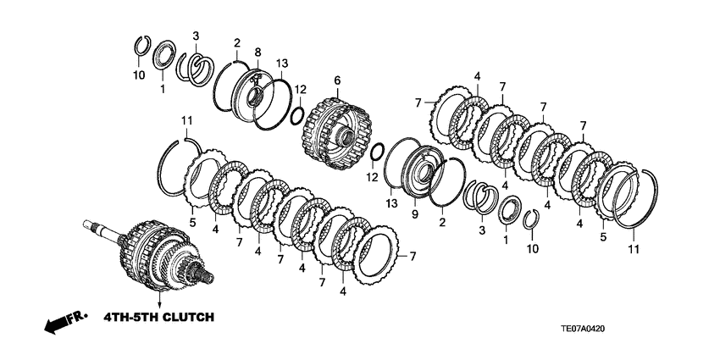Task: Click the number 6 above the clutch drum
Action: pyautogui.click(x=336, y=80)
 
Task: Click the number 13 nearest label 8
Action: pyautogui.click(x=282, y=64)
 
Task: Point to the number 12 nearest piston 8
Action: pyautogui.click(x=299, y=89)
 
